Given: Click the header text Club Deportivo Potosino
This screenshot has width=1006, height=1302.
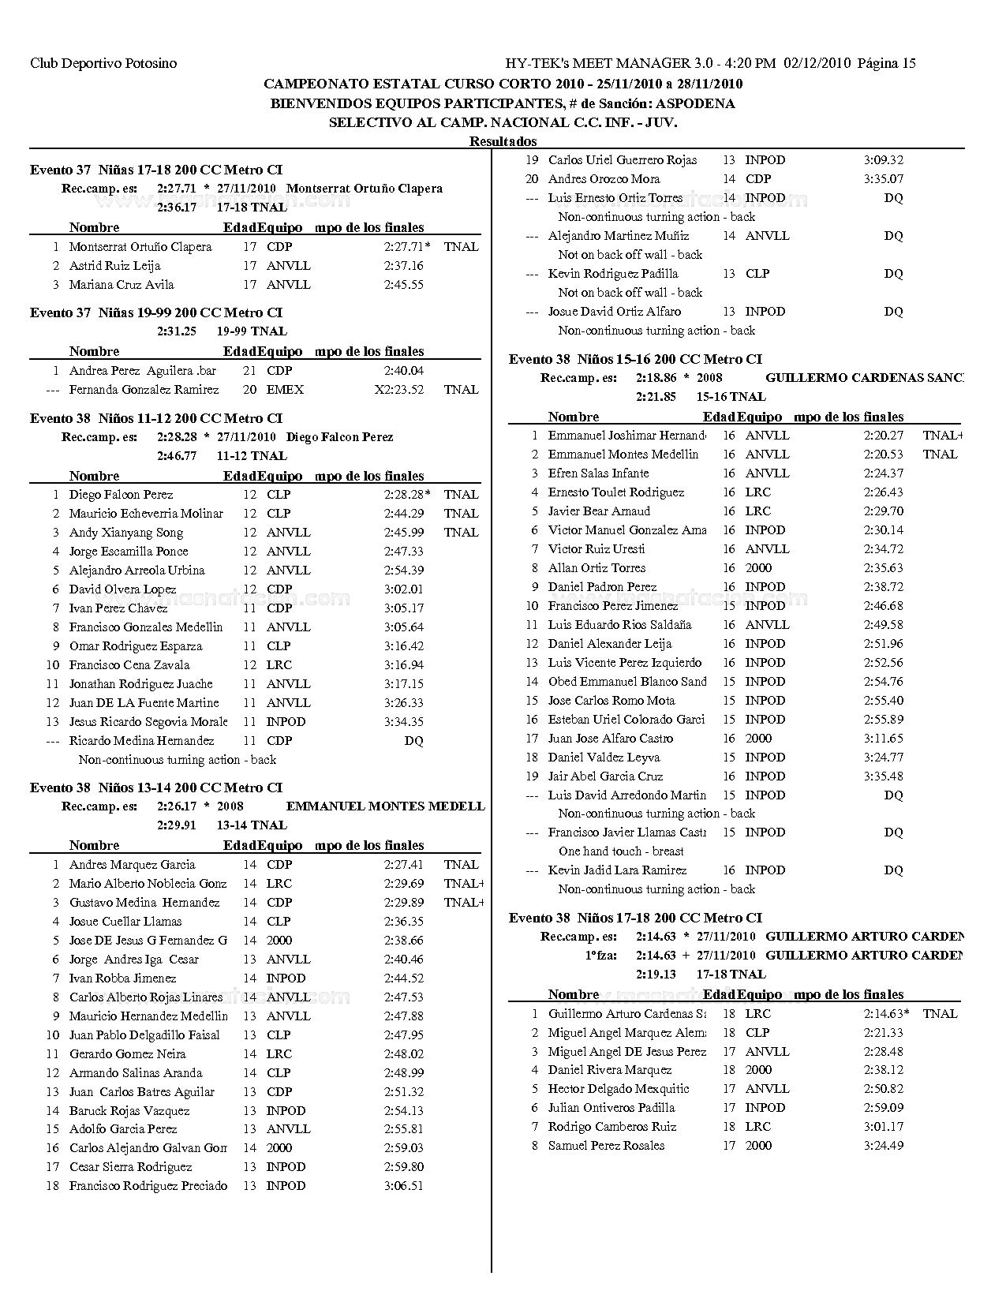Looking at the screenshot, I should (103, 63).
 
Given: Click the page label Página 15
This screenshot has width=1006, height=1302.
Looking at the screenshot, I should (886, 63).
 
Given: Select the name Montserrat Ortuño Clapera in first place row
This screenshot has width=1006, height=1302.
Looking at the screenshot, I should (140, 247).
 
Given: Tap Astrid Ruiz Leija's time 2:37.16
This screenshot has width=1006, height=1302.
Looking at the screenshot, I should (403, 266).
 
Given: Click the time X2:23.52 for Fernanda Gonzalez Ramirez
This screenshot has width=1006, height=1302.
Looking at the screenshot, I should (399, 390).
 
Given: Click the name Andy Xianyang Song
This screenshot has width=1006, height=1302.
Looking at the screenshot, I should (125, 533).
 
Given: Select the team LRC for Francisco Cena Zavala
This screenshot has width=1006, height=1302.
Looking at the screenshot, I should (279, 665).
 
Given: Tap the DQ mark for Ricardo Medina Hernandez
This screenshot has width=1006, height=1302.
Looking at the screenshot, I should (413, 741).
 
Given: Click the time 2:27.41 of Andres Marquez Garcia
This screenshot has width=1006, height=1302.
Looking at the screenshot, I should (403, 865).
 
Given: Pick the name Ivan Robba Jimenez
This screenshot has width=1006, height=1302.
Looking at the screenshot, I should (122, 978).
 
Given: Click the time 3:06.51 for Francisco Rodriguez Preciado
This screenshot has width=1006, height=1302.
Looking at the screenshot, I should (403, 1186).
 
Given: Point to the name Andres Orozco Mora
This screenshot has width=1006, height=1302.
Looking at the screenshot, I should (604, 179).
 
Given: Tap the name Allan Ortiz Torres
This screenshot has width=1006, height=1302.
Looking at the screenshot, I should (596, 568).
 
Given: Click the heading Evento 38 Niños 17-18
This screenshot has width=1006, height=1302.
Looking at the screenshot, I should (635, 918).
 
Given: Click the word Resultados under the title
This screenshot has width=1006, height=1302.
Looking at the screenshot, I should (503, 141).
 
